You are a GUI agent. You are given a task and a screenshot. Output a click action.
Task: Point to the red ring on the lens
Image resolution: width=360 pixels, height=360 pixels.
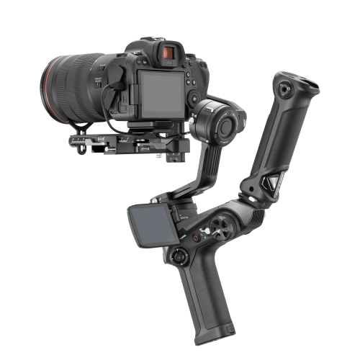click(53, 75)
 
